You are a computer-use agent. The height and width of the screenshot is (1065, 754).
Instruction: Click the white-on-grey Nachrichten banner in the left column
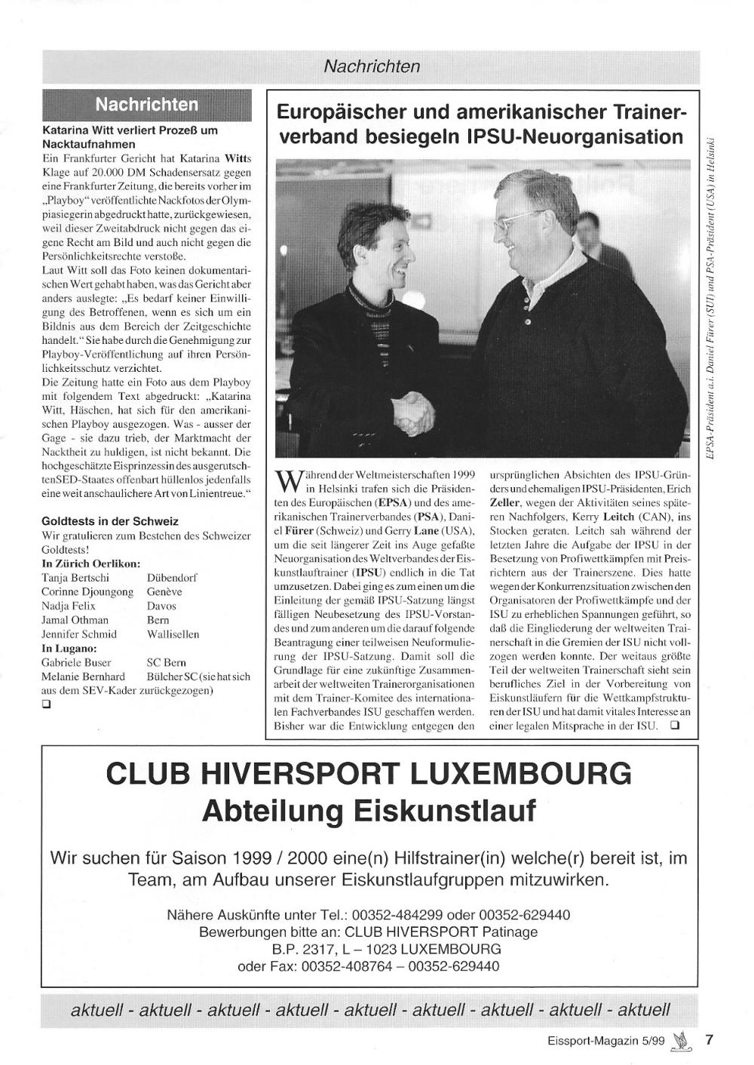coord(147,104)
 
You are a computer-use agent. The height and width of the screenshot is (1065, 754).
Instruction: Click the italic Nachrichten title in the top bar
coord(372,66)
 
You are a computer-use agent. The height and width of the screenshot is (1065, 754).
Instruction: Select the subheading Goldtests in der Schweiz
coord(110,521)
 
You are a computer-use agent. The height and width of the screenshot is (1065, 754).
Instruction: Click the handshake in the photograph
coord(414,410)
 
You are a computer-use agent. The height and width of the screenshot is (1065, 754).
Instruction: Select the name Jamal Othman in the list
coord(75,620)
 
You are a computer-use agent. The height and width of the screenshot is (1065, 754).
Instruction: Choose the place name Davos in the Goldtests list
coord(161,606)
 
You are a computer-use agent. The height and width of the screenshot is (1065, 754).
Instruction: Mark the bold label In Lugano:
coord(69,648)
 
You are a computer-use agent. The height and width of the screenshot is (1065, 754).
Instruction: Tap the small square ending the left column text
coord(47,705)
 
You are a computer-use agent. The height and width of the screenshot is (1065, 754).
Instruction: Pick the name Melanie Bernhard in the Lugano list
coord(83,677)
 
